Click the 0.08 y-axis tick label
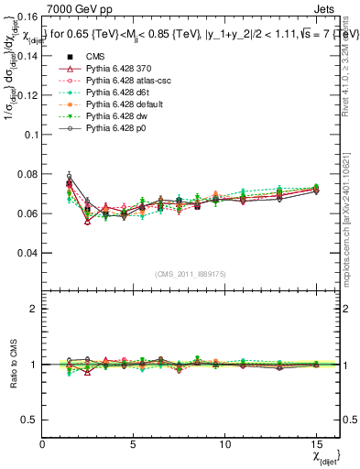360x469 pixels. pos(27,174)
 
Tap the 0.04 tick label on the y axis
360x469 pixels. pos(27,253)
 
